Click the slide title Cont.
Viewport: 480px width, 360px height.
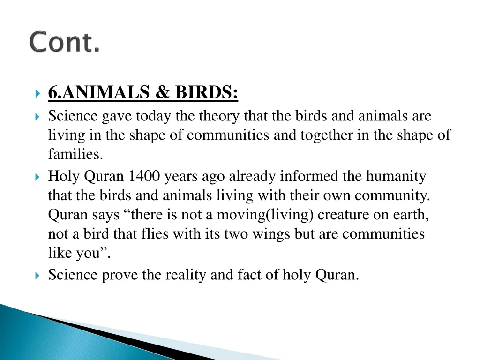click(x=65, y=43)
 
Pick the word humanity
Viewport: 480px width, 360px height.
click(x=396, y=177)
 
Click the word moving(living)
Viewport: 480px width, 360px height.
click(x=269, y=214)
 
